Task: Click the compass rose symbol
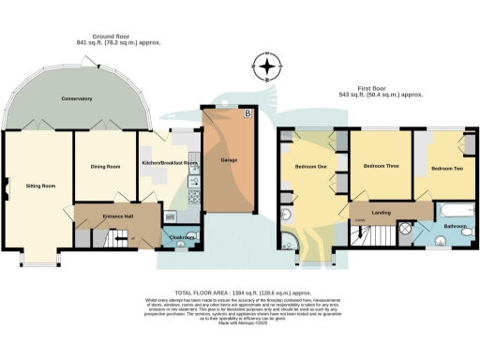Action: [270, 67]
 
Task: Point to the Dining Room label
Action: [105, 167]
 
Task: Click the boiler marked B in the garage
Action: [247, 114]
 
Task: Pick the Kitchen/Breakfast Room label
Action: [170, 164]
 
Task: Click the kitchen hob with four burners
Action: [194, 197]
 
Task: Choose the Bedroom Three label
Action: [382, 166]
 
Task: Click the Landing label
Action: [382, 212]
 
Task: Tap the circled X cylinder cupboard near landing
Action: [406, 228]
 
